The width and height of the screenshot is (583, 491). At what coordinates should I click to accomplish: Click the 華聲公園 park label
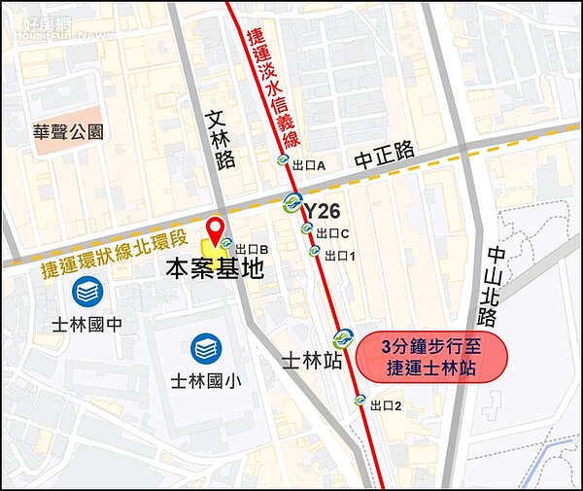tap(69, 132)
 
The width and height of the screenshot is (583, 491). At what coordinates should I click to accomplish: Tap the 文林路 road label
tap(222, 139)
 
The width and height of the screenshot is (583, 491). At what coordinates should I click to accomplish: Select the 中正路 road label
tap(384, 153)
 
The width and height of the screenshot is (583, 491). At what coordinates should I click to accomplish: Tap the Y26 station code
tap(323, 211)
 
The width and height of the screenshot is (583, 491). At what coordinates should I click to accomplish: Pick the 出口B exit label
tap(251, 249)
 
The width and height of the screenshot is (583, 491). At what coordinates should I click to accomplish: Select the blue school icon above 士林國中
tap(86, 291)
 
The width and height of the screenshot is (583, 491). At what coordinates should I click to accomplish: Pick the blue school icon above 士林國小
tap(205, 346)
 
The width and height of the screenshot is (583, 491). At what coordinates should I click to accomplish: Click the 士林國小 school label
tap(205, 381)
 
